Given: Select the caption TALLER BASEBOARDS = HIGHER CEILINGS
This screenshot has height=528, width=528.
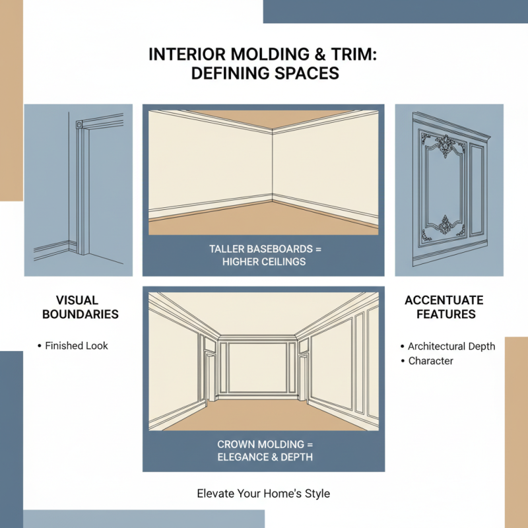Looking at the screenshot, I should tap(263, 255).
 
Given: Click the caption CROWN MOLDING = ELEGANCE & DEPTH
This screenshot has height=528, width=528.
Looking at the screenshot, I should tap(263, 451).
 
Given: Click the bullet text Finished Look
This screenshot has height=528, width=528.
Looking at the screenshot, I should tap(77, 345).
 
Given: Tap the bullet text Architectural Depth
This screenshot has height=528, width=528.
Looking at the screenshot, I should tap(451, 346).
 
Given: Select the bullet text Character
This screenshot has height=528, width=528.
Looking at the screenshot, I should tap(431, 361).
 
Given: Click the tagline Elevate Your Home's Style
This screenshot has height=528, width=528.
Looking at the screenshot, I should tap(263, 493).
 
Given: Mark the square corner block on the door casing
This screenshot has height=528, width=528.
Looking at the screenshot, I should tap(79, 123).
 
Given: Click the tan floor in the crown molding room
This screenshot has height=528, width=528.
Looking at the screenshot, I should tap(263, 416).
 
